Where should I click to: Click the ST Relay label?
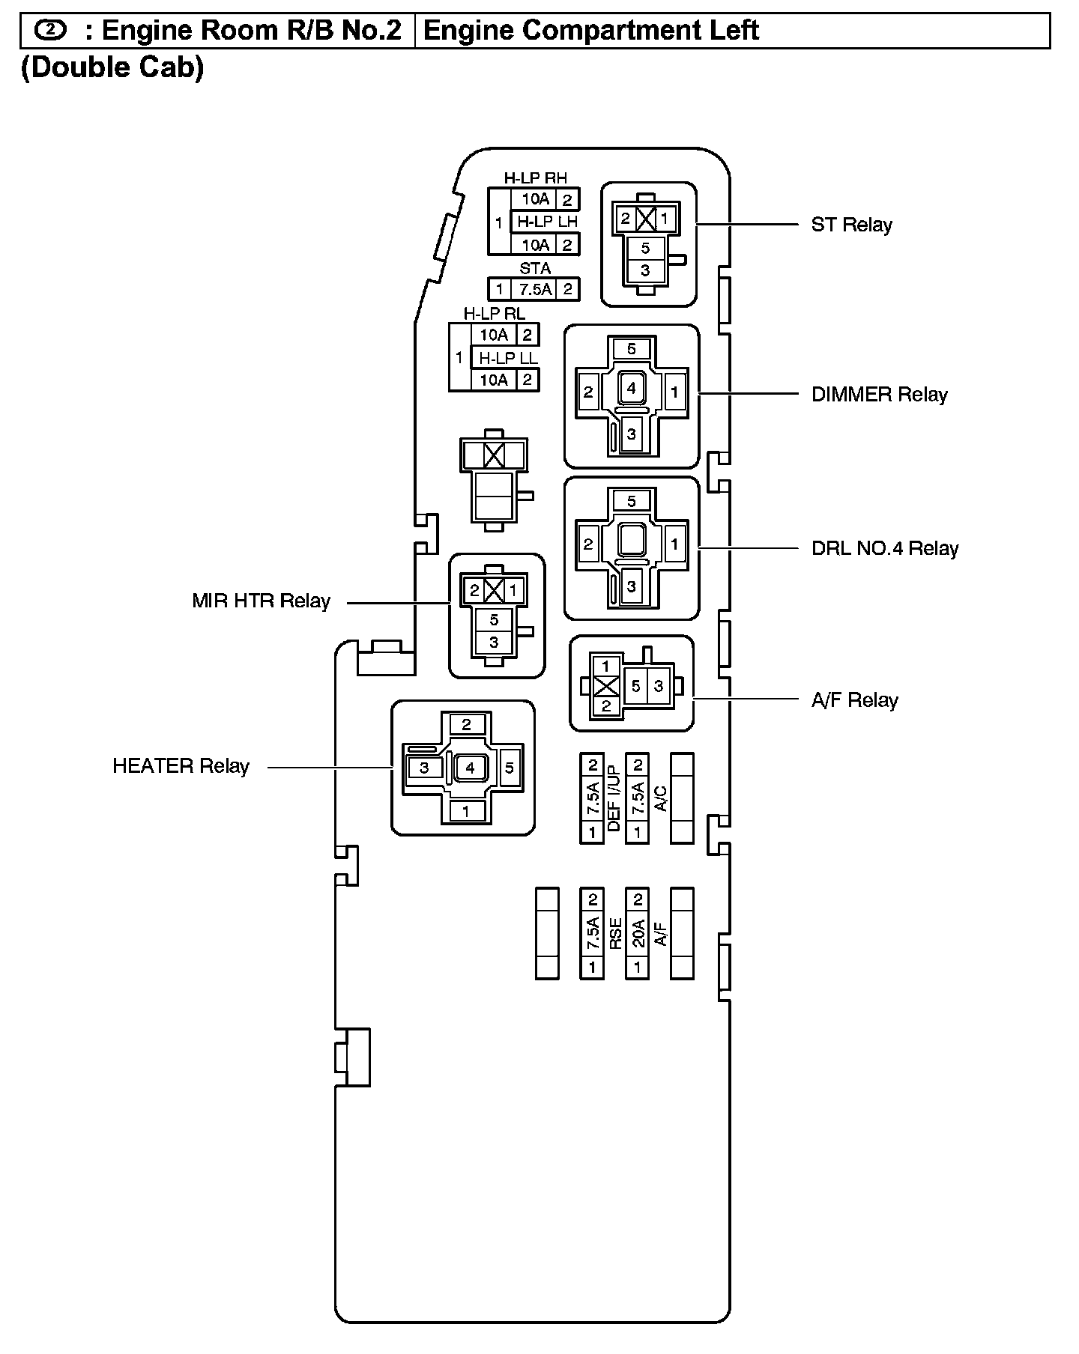pyautogui.click(x=851, y=225)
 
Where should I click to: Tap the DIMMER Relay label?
pyautogui.click(x=879, y=394)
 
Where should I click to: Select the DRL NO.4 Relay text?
pyautogui.click(x=884, y=548)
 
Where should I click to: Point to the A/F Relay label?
pyautogui.click(x=854, y=700)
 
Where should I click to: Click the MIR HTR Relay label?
pyautogui.click(x=261, y=601)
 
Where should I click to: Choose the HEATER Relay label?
pyautogui.click(x=181, y=766)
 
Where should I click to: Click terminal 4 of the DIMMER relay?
pyautogui.click(x=632, y=389)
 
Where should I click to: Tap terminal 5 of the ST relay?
pyautogui.click(x=645, y=248)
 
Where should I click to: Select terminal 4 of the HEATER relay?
pyautogui.click(x=470, y=768)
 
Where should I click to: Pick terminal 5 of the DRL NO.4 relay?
pyautogui.click(x=631, y=500)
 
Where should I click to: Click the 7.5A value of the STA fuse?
pyautogui.click(x=535, y=289)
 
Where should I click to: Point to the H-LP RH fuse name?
pyautogui.click(x=535, y=178)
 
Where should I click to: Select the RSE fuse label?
pyautogui.click(x=615, y=934)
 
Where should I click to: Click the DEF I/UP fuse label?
pyautogui.click(x=614, y=798)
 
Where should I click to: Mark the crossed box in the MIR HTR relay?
pyautogui.click(x=494, y=590)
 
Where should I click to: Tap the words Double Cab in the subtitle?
pyautogui.click(x=112, y=67)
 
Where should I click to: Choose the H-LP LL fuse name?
pyautogui.click(x=508, y=357)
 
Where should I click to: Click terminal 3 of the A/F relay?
pyautogui.click(x=658, y=685)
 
